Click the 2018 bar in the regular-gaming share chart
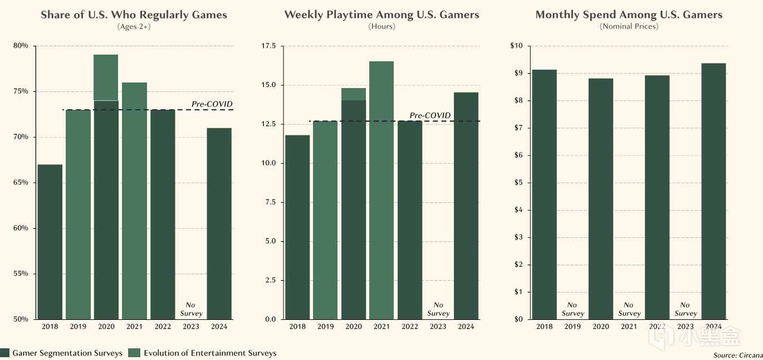pyautogui.click(x=50, y=242)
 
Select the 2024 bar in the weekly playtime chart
pyautogui.click(x=466, y=206)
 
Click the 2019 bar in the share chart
pyautogui.click(x=78, y=215)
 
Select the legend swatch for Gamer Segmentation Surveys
pyautogui.click(x=5, y=353)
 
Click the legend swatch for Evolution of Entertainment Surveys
pyautogui.click(x=134, y=353)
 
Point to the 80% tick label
pyautogui.click(x=21, y=46)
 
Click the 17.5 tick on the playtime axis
pyautogui.click(x=268, y=46)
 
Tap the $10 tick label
pyautogui.click(x=516, y=46)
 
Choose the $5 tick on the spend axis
pyautogui.click(x=518, y=183)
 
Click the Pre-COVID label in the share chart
pyautogui.click(x=212, y=104)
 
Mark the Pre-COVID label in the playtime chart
pyautogui.click(x=430, y=115)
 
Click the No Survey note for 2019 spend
pyautogui.click(x=573, y=309)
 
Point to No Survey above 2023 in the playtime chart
pyautogui.click(x=438, y=309)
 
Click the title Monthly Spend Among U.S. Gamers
pyautogui.click(x=629, y=15)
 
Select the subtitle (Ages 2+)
pyautogui.click(x=134, y=27)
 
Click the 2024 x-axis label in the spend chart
pyautogui.click(x=713, y=327)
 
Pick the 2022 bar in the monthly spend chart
pyautogui.click(x=657, y=197)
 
